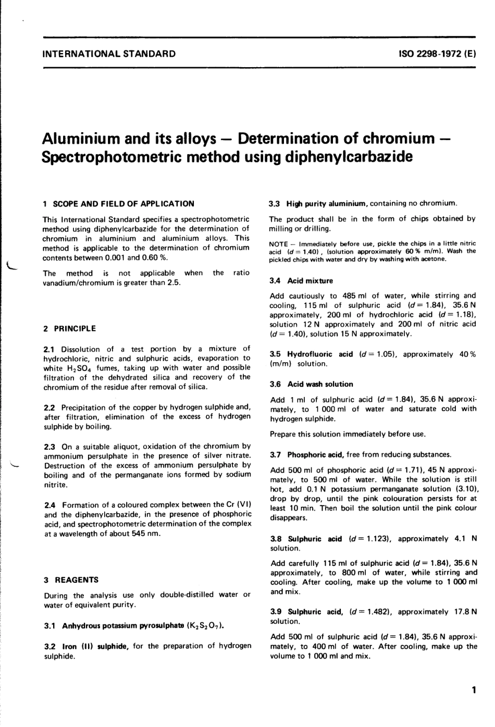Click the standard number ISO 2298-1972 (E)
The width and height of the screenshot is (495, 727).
pyautogui.click(x=436, y=54)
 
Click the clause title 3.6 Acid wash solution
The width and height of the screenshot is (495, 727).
pyautogui.click(x=311, y=384)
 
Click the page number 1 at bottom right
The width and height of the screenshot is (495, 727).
pyautogui.click(x=473, y=691)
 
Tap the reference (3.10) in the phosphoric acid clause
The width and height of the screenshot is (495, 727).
pyautogui.click(x=465, y=489)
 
